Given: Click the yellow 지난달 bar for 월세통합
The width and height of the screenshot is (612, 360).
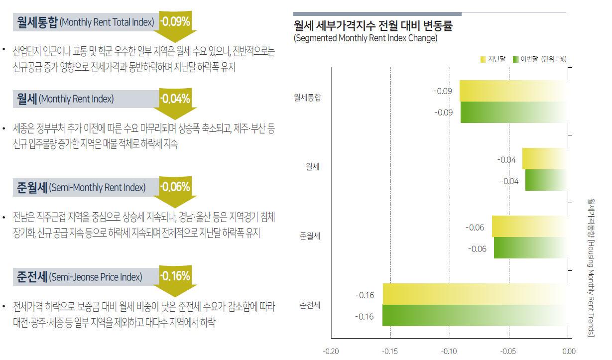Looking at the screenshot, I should (x=513, y=91).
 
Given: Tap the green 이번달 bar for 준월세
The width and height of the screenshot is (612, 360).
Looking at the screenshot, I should (x=530, y=247).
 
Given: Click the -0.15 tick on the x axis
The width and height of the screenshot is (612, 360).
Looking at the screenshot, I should (x=390, y=351).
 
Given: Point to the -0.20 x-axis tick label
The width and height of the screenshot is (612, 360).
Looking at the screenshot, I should (x=331, y=351).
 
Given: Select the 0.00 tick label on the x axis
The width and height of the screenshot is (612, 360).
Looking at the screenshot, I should (x=568, y=351).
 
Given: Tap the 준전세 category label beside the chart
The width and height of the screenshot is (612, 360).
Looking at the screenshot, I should (x=310, y=305).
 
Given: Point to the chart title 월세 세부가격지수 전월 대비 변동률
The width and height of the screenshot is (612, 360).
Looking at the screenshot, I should (x=373, y=25).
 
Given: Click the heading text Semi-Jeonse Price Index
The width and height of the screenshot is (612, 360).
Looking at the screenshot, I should (x=96, y=277).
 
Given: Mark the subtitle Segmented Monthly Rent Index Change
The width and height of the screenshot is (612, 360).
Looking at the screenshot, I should (x=366, y=38).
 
